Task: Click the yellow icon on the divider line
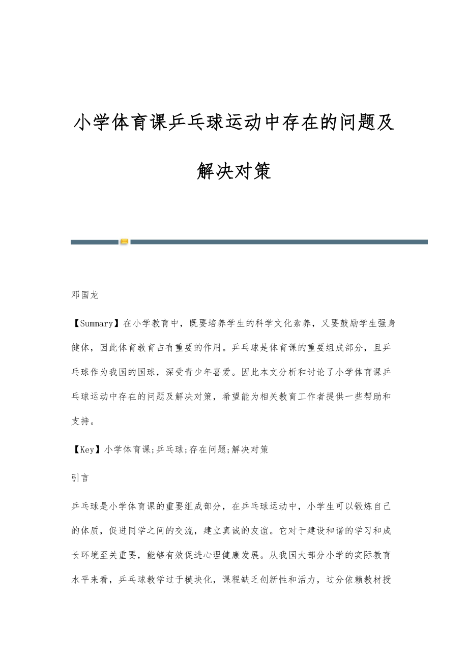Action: click(124, 242)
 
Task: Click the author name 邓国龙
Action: click(85, 295)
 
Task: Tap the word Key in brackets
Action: click(87, 449)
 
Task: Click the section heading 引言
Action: click(80, 478)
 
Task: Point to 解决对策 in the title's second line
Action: click(234, 171)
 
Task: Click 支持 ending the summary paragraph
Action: click(80, 421)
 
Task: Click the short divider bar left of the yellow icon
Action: click(95, 242)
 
